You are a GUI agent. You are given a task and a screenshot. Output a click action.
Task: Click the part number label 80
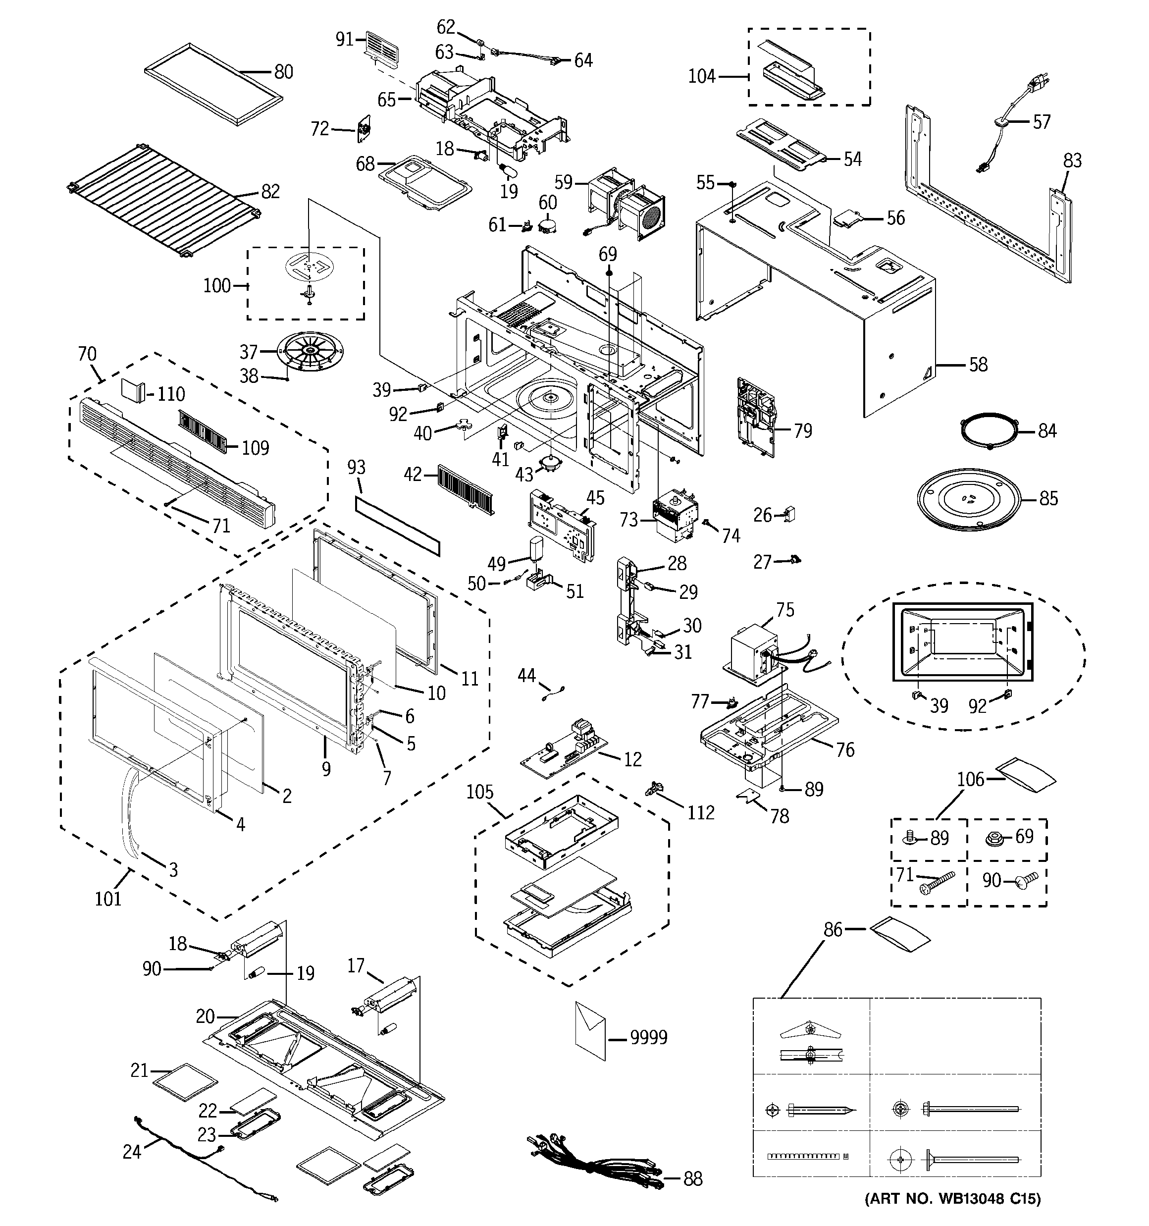point(283,72)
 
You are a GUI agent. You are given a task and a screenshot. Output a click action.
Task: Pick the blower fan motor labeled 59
point(624,202)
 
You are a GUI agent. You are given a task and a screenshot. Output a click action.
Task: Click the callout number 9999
point(648,1037)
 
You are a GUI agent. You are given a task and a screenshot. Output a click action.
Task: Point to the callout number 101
point(108,899)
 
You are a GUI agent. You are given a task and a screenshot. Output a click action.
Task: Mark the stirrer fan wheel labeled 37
point(310,352)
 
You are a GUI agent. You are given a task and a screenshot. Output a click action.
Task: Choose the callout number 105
point(480,792)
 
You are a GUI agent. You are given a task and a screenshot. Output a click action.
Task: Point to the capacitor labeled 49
point(533,549)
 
